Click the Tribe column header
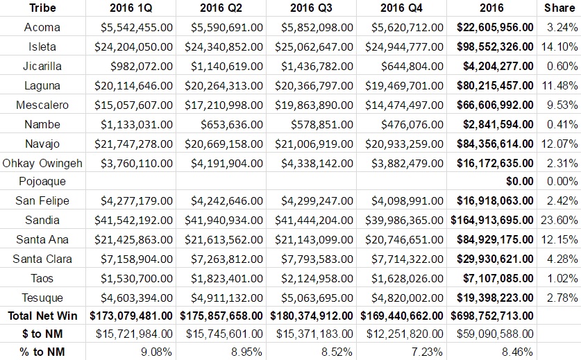tap(43, 8)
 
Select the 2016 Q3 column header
tap(311, 8)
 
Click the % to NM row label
tap(43, 351)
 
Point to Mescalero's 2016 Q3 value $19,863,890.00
tap(314, 105)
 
